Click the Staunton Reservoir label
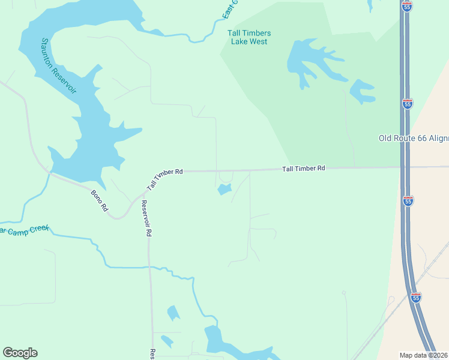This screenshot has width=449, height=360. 58,65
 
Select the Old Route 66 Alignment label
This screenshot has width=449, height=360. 414,138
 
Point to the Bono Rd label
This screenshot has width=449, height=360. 99,200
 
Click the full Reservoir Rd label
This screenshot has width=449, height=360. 145,218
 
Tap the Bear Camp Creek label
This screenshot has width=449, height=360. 24,230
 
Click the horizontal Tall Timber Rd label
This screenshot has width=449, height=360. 304,169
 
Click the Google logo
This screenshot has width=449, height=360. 20,353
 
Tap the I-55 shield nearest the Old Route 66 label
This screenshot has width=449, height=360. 408,103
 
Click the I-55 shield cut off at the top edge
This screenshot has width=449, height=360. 408,5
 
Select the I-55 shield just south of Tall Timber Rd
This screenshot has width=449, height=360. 408,200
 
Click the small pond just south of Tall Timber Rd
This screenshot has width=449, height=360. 224,190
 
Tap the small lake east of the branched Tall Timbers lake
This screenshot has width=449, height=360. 362,91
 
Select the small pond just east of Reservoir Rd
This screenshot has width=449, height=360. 173,313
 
